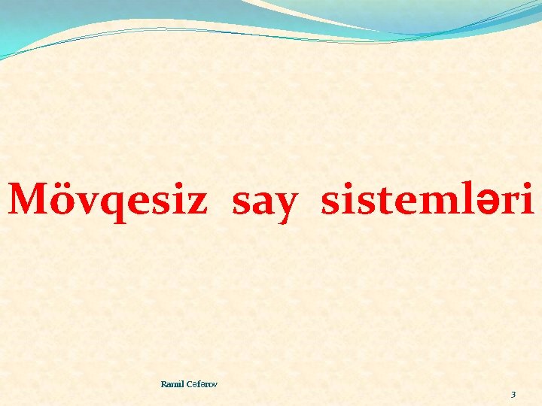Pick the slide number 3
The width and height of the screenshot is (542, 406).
click(513, 395)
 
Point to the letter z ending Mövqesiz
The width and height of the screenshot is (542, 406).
click(195, 202)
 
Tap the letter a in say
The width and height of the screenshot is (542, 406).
click(263, 202)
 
